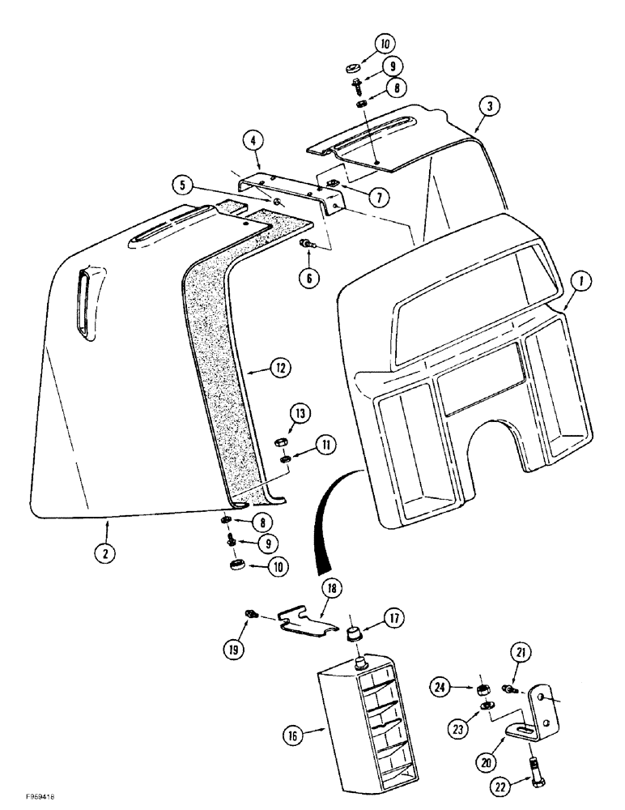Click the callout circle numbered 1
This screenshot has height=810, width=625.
coord(582,283)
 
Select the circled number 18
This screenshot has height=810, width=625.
coord(334,588)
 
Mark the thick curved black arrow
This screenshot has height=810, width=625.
coord(324,526)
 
